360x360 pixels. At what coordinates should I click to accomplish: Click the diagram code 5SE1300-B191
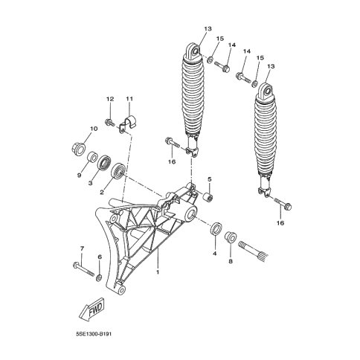coord(94,334)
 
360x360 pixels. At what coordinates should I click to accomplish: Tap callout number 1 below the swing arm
coord(158,272)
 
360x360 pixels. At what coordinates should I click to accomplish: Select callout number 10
coord(94,129)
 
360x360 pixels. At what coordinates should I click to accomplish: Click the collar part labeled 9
coord(91,157)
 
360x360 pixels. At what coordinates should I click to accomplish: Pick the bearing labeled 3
coord(103,162)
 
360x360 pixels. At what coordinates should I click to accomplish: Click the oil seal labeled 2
coord(118,171)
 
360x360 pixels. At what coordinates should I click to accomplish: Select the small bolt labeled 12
coord(109,122)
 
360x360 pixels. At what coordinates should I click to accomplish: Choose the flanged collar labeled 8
coord(231,237)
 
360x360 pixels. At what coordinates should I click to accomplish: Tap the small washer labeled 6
coord(98,277)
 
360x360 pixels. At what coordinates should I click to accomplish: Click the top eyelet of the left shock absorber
coord(195,51)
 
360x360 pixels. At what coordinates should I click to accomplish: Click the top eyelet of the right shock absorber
coord(267,91)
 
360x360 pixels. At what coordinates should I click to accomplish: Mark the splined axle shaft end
coord(252,250)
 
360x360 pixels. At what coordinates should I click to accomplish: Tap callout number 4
coord(215,254)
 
